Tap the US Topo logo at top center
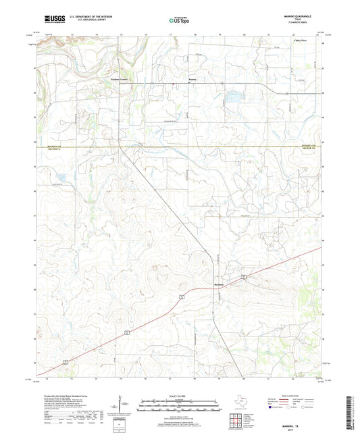[180, 21]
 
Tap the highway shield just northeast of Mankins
[242, 277]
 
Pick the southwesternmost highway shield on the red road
[66, 363]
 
